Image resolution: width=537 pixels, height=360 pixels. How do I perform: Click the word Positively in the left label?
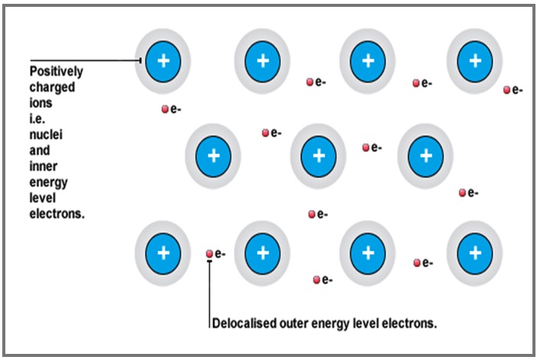point(56,72)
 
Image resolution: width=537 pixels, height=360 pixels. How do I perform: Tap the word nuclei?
point(47,136)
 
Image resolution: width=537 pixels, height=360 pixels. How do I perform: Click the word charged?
point(52,88)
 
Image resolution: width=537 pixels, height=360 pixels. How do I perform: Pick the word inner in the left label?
point(45,167)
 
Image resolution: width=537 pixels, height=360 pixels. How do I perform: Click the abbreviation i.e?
point(39,120)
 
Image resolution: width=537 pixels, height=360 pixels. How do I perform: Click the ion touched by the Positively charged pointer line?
point(163,59)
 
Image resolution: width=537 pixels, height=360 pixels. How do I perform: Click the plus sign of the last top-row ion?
point(474,59)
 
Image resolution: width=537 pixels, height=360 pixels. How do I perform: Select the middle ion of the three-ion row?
point(319,156)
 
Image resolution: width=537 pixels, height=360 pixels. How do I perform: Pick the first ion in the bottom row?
point(162,252)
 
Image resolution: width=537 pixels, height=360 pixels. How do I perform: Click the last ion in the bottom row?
point(474,252)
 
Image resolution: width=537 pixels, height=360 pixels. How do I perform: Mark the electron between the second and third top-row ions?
point(310,82)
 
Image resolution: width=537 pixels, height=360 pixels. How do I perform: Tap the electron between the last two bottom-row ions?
point(417,263)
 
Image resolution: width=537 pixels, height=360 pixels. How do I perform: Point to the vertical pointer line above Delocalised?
point(210,294)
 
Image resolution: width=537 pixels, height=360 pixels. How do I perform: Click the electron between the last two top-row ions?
point(416,82)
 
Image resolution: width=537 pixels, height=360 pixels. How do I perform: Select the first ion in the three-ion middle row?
point(214,156)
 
